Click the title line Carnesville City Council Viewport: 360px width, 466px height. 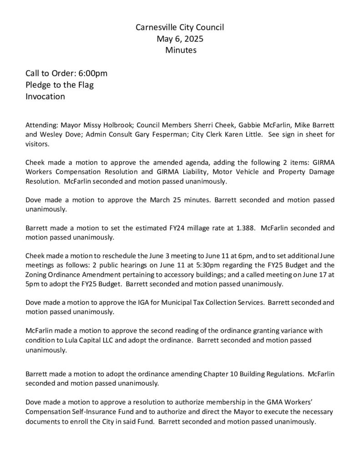coord(180,28)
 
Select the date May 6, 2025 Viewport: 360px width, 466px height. coord(180,39)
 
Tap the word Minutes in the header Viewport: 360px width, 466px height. coord(181,51)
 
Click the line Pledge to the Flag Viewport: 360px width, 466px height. coord(60,85)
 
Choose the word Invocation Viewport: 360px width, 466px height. coord(45,96)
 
